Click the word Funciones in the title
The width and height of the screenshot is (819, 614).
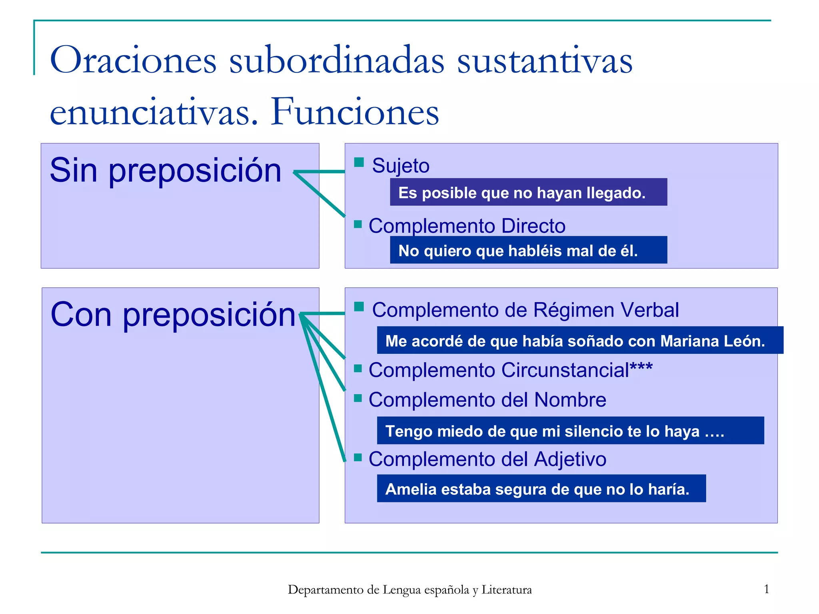[355, 112]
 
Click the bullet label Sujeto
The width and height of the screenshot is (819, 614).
[400, 166]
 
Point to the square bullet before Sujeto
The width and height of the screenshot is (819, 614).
[359, 162]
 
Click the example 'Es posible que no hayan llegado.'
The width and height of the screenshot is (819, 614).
[521, 193]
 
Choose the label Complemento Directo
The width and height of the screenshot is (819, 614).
[467, 226]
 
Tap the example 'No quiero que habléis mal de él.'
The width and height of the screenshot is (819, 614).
[518, 251]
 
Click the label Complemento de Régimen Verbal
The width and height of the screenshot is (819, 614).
[525, 310]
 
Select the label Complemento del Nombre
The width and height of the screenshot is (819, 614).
[487, 400]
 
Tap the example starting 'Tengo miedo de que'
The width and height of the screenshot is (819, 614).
[554, 431]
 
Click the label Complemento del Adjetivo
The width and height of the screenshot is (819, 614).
[487, 459]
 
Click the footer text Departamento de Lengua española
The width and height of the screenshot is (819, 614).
[409, 590]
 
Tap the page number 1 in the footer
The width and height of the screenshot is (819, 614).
[767, 589]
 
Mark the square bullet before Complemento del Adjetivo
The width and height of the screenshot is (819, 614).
[358, 457]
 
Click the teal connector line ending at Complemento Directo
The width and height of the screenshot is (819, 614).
[320, 195]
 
